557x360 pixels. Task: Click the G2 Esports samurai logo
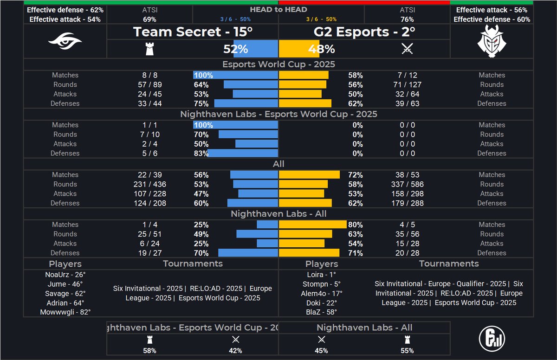click(492, 41)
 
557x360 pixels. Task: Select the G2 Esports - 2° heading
click(364, 32)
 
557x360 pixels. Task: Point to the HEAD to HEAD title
click(278, 9)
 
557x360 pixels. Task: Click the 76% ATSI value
click(407, 19)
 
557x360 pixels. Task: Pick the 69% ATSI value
click(149, 19)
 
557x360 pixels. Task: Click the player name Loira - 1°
click(321, 274)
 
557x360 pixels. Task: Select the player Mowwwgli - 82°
click(65, 312)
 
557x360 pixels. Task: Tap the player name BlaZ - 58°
click(321, 312)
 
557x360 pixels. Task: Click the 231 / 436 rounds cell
click(150, 184)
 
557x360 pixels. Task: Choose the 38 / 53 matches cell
click(407, 175)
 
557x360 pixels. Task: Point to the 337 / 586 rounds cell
click(407, 184)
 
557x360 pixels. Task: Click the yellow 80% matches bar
click(312, 225)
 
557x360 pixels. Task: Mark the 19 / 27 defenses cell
click(150, 253)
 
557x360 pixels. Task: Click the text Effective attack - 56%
click(492, 10)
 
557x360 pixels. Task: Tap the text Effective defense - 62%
click(65, 10)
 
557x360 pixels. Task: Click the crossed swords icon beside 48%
click(407, 49)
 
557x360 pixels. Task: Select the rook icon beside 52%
click(149, 49)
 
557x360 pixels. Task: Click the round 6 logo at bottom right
click(492, 338)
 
